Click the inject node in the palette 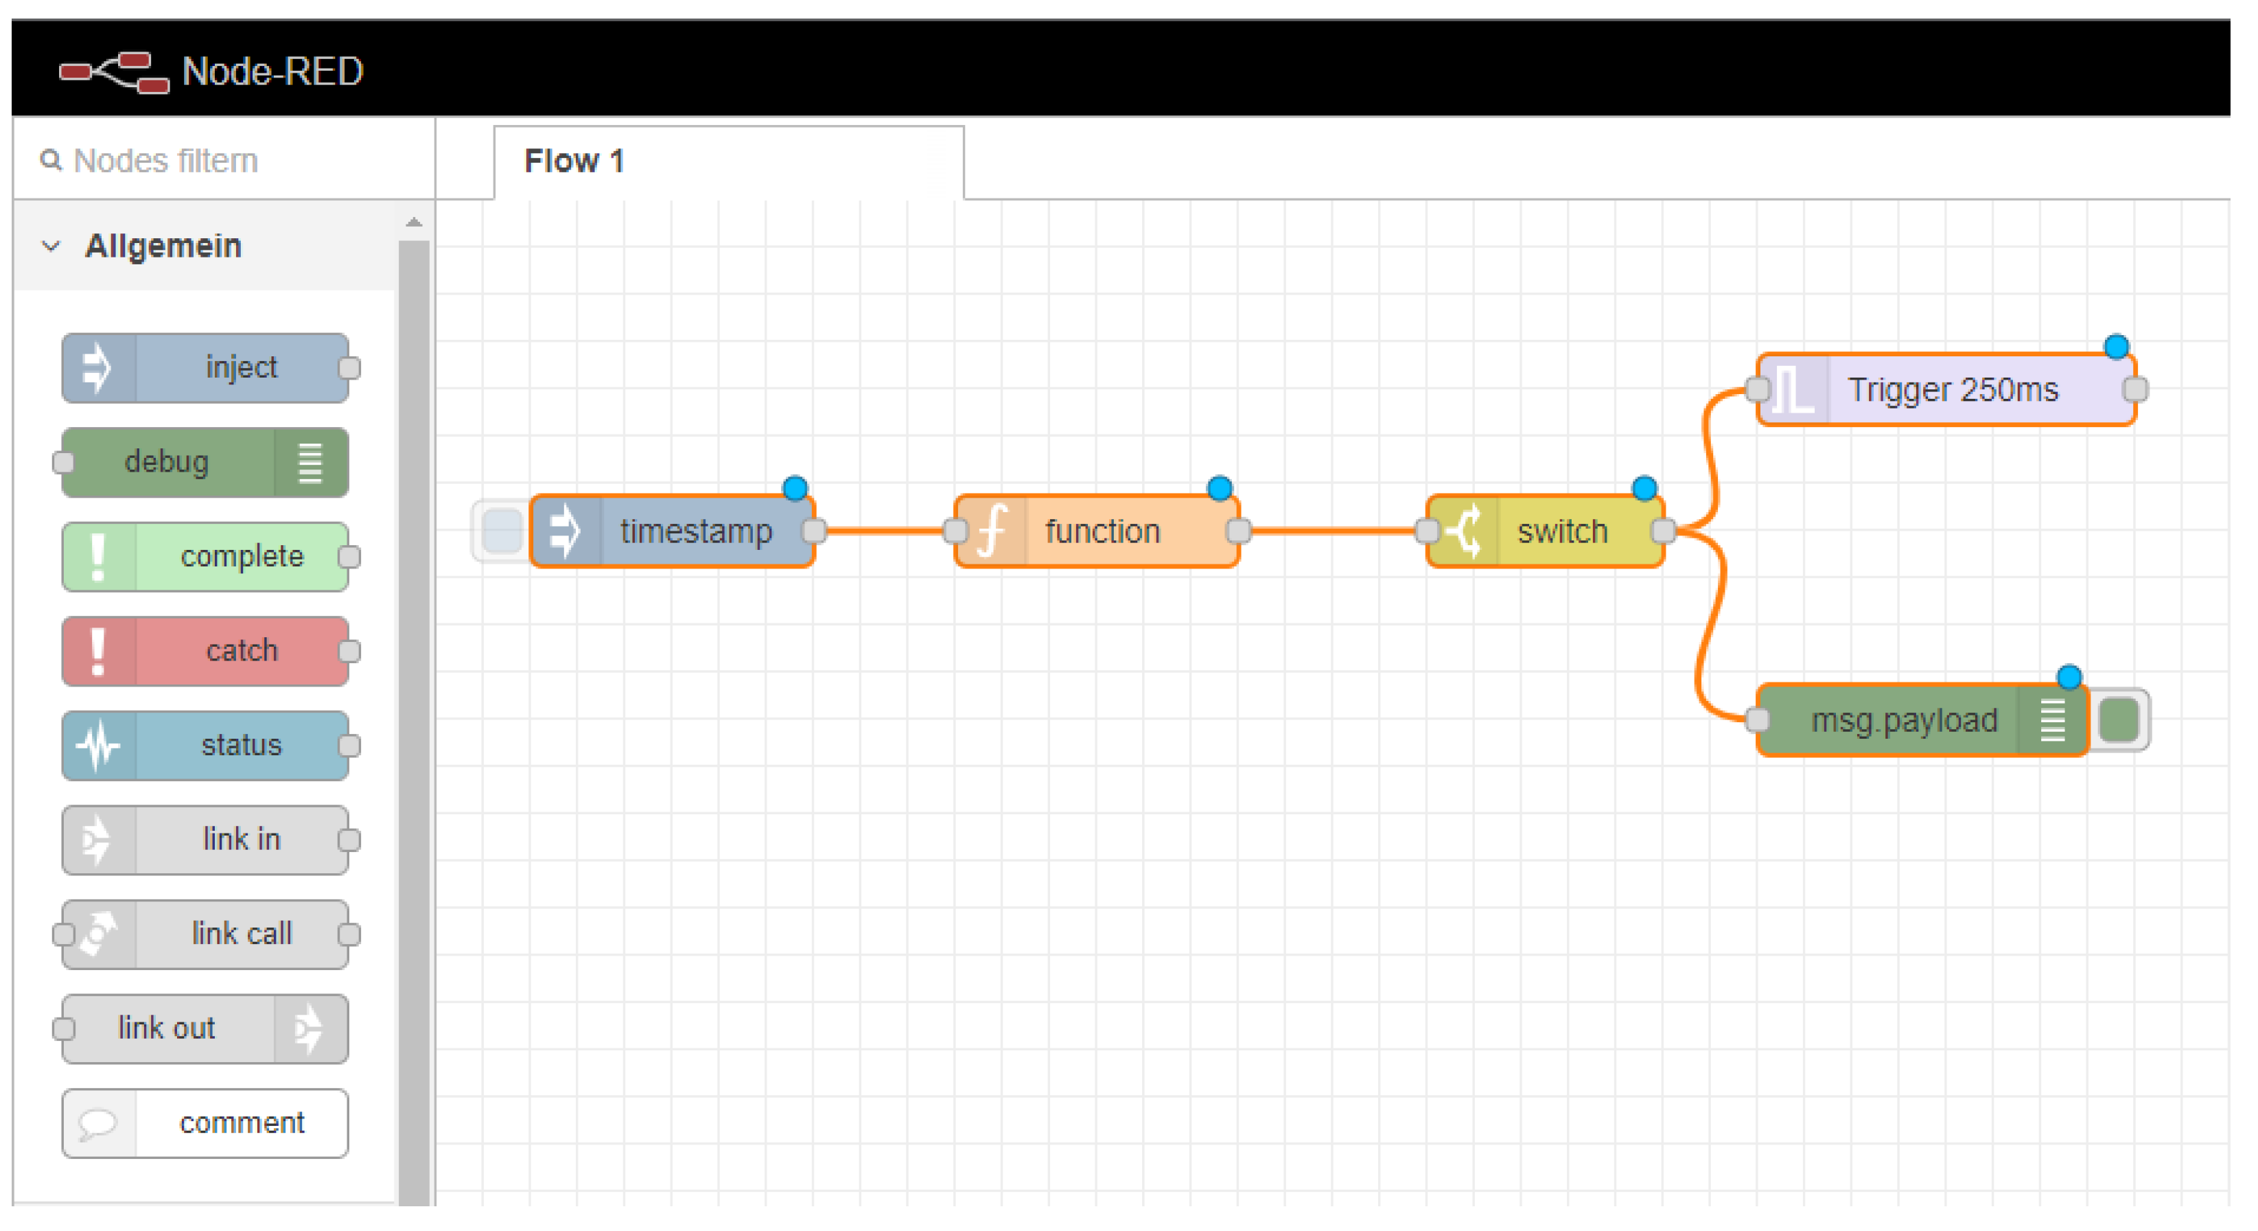point(205,367)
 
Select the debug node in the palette point(205,462)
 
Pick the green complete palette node point(205,557)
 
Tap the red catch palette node point(205,651)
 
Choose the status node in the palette point(205,746)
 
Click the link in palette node point(205,839)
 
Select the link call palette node point(205,934)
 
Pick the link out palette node point(205,1028)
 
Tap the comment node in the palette point(205,1123)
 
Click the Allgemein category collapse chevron point(51,246)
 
